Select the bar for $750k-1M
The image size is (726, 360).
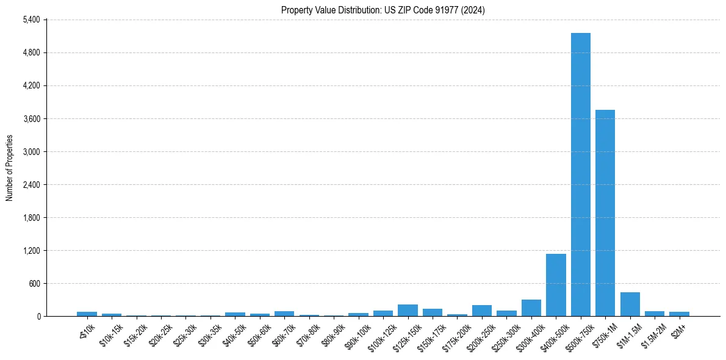(x=605, y=213)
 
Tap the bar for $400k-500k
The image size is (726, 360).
(x=556, y=285)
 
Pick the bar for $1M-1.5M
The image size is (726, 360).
(x=630, y=304)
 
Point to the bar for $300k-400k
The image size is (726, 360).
(x=531, y=308)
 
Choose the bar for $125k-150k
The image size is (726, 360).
(x=408, y=311)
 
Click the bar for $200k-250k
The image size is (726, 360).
(x=482, y=311)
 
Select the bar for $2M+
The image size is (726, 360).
(x=679, y=314)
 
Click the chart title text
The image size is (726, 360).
(x=383, y=10)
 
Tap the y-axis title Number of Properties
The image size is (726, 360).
(x=10, y=168)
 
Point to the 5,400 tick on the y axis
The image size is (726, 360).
(x=31, y=20)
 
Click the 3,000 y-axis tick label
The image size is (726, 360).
(x=31, y=151)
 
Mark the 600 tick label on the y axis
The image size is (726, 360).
(x=34, y=283)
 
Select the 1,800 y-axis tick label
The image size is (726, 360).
(x=31, y=217)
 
